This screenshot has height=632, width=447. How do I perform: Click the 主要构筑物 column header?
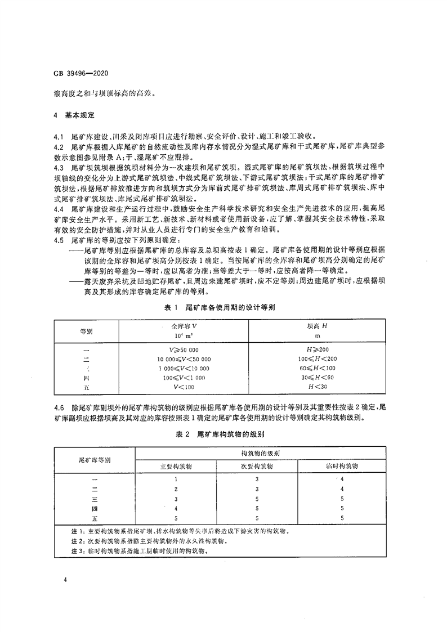(177, 467)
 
